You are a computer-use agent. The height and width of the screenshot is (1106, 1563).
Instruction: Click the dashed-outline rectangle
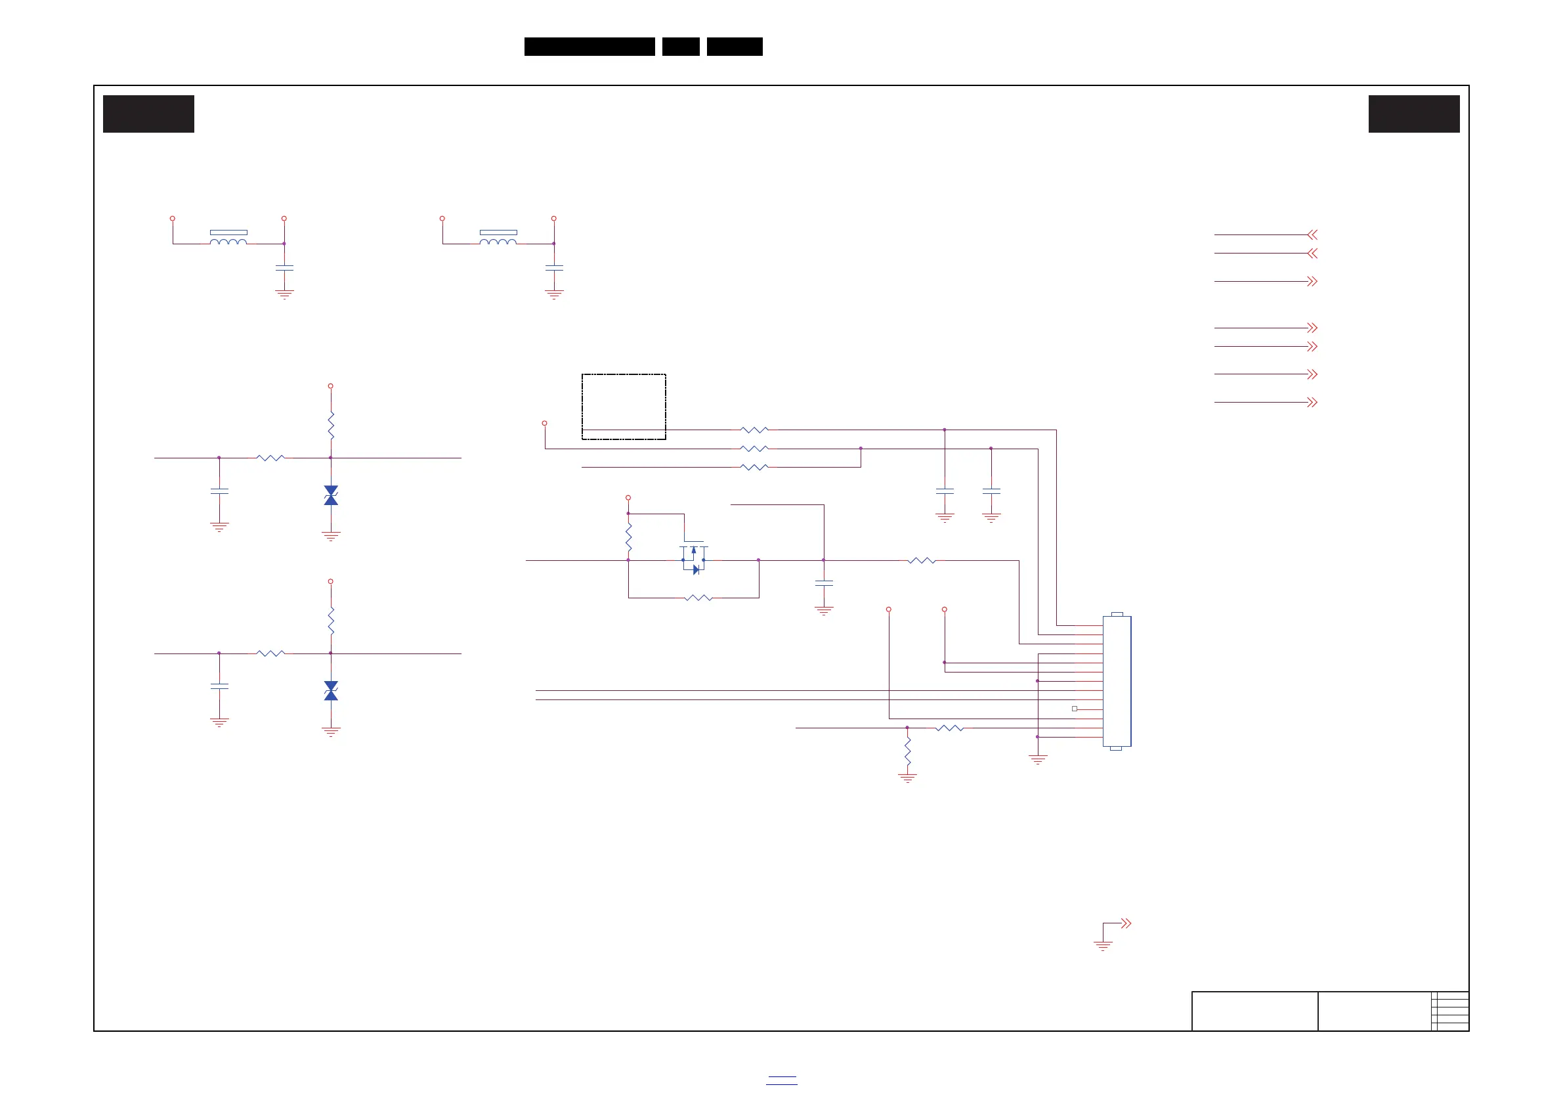click(x=624, y=407)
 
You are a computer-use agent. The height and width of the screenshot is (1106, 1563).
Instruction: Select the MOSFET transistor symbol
click(x=694, y=558)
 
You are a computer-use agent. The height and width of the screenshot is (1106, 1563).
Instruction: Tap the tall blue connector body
click(x=1117, y=681)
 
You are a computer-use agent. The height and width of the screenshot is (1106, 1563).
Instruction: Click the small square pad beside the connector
click(x=1074, y=709)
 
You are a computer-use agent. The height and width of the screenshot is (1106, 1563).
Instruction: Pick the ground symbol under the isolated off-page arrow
click(x=1103, y=945)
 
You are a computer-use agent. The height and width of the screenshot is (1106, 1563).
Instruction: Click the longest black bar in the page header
click(x=589, y=47)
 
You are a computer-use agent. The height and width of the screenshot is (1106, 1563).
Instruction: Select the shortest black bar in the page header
click(x=681, y=47)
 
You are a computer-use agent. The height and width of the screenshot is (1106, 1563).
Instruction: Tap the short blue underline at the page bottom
click(x=781, y=1080)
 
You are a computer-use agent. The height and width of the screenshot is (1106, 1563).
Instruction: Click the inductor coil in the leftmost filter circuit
click(x=228, y=241)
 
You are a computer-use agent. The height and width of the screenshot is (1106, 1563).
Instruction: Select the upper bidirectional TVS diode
click(x=331, y=495)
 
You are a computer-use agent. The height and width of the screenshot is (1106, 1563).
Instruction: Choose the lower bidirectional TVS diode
click(x=331, y=690)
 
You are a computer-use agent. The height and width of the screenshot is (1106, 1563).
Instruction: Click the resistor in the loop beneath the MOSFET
click(x=698, y=598)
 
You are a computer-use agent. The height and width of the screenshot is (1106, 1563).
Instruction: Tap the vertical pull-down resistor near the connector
click(x=907, y=751)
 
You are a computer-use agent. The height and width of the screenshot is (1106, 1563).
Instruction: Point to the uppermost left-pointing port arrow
click(x=1312, y=235)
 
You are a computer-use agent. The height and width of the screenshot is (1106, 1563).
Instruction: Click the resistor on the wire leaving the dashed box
click(x=754, y=430)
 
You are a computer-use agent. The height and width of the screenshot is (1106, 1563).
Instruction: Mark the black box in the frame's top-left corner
click(x=148, y=114)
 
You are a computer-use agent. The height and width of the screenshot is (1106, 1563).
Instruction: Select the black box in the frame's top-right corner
click(x=1414, y=114)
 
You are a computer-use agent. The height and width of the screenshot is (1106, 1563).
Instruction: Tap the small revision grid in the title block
click(x=1450, y=1011)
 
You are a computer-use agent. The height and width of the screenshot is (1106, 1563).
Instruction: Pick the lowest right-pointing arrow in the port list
click(x=1312, y=403)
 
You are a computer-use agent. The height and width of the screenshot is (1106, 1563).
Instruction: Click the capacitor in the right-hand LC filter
click(x=554, y=269)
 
